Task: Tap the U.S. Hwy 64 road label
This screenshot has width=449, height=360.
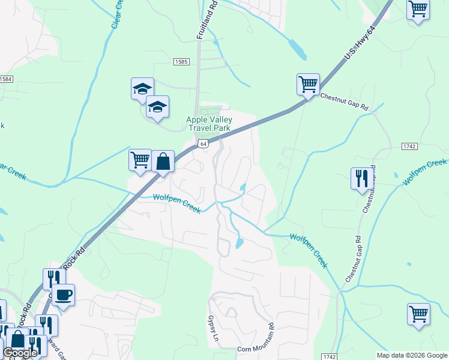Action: [x=360, y=43]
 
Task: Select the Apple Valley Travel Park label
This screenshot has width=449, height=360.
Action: [x=209, y=124]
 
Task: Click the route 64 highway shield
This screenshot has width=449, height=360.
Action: [x=204, y=144]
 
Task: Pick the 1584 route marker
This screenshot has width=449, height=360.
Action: [x=6, y=79]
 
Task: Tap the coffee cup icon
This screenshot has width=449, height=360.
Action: [x=62, y=294]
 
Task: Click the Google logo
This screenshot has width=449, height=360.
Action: [x=19, y=353]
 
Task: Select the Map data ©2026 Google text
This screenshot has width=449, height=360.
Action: [x=411, y=355]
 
